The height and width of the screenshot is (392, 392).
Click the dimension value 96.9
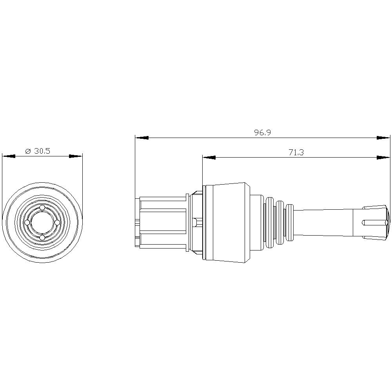pyautogui.click(x=262, y=133)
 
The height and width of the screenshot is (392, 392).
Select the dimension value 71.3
pyautogui.click(x=296, y=152)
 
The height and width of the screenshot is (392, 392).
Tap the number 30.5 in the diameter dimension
pyautogui.click(x=42, y=151)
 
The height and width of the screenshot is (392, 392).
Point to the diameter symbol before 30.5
pyautogui.click(x=28, y=152)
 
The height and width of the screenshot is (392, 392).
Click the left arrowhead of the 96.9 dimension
pyautogui.click(x=142, y=138)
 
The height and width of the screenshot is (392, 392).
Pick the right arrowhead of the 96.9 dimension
pyautogui.click(x=383, y=138)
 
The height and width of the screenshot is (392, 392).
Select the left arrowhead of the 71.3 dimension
pyautogui.click(x=209, y=158)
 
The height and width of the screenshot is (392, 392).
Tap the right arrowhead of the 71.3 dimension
pyautogui.click(x=383, y=158)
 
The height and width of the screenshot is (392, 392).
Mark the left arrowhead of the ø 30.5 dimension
pyautogui.click(x=9, y=156)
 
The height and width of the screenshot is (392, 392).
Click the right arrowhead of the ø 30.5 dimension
pyautogui.click(x=76, y=156)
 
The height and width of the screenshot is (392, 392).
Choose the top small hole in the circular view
pyautogui.click(x=42, y=207)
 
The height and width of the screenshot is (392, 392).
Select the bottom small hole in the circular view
pyautogui.click(x=42, y=238)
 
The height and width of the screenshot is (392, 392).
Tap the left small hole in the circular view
pyautogui.click(x=27, y=223)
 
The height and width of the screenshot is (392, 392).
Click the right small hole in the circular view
pyautogui.click(x=57, y=223)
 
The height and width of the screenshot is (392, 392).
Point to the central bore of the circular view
pyautogui.click(x=42, y=223)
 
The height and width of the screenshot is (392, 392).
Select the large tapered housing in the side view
pyautogui.click(x=227, y=222)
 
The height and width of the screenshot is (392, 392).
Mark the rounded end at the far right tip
pyautogui.click(x=388, y=223)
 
